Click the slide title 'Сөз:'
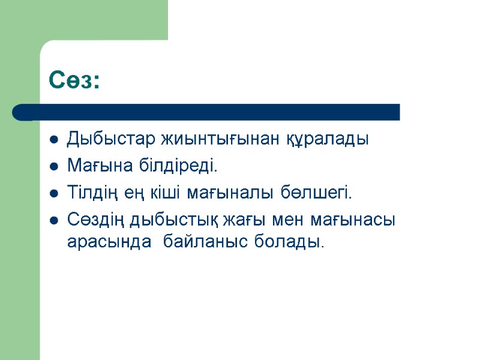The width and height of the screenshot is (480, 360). tap(74, 80)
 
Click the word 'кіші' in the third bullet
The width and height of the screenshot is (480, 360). tap(166, 193)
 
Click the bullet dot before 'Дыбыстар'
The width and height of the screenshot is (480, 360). tap(53, 140)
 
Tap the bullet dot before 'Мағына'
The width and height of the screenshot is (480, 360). tap(53, 167)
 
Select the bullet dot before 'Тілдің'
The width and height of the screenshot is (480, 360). tap(53, 194)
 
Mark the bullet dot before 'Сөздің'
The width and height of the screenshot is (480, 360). tap(53, 221)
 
